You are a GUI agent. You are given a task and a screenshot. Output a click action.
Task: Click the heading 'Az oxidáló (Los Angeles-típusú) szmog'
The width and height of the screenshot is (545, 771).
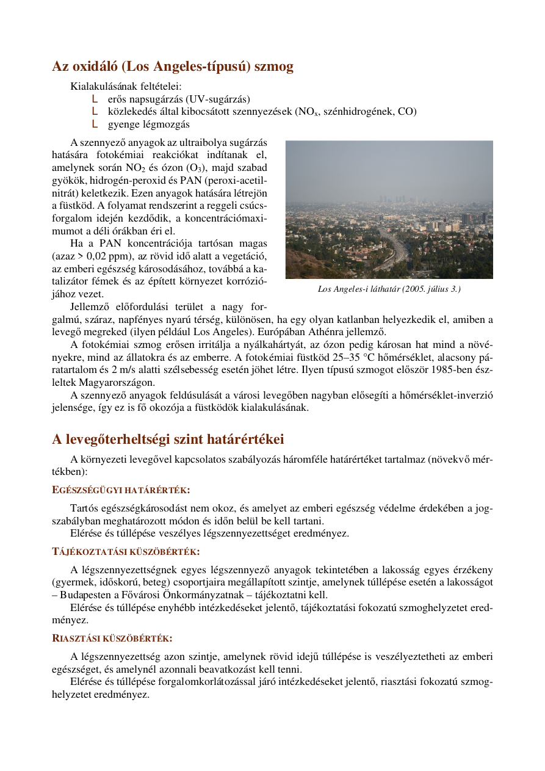(173, 67)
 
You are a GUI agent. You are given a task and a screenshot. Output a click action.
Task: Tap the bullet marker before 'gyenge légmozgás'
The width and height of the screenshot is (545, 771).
(95, 124)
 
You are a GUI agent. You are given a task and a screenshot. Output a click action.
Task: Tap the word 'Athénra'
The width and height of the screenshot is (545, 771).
(330, 332)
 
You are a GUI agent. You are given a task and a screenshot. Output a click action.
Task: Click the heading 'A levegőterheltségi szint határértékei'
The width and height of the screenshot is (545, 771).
(168, 440)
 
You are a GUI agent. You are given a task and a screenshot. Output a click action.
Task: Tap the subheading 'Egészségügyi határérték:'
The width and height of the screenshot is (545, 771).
(121, 490)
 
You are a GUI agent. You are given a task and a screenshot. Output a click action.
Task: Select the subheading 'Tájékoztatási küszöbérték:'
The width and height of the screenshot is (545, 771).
(126, 552)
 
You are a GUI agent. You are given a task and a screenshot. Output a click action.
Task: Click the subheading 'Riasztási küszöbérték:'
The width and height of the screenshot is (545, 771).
(112, 639)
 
